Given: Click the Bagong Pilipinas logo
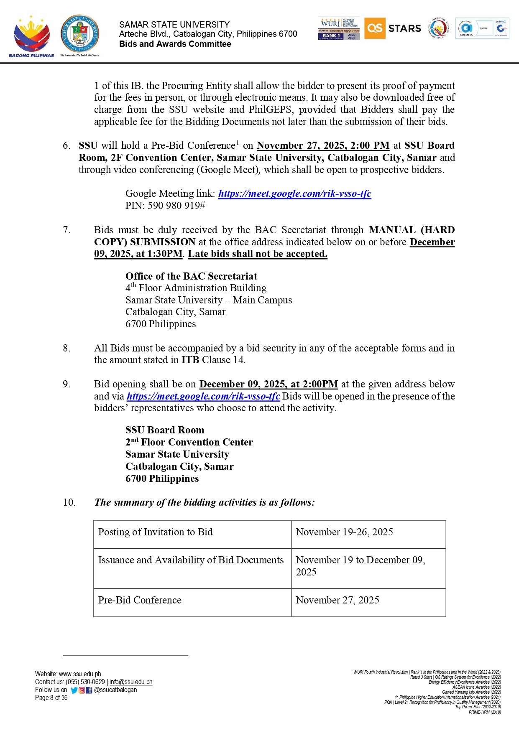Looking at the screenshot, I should point(31,36).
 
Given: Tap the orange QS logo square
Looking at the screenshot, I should point(374,28).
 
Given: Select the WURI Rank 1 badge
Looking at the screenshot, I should point(339,29).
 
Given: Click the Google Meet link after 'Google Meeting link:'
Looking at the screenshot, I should point(294,193).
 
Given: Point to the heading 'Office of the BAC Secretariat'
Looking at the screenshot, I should point(191,276).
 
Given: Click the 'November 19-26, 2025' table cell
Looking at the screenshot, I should point(344,532).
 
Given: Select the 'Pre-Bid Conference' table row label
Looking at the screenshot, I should point(140,600).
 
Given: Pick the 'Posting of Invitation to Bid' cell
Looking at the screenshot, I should point(155,532).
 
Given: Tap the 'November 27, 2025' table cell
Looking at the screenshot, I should point(337,600).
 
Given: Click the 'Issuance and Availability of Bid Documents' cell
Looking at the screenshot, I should point(191,560).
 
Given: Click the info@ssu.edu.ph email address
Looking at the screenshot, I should point(131,682).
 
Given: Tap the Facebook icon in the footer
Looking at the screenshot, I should point(89,690).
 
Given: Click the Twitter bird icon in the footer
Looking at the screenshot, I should point(74,690).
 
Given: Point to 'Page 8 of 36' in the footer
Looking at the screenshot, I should point(51,698).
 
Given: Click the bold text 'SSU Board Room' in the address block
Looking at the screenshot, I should point(165,430).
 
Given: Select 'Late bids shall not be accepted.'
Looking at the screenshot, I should point(258,254).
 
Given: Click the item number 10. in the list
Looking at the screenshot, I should point(69,502).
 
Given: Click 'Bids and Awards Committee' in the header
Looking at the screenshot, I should point(175,44).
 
